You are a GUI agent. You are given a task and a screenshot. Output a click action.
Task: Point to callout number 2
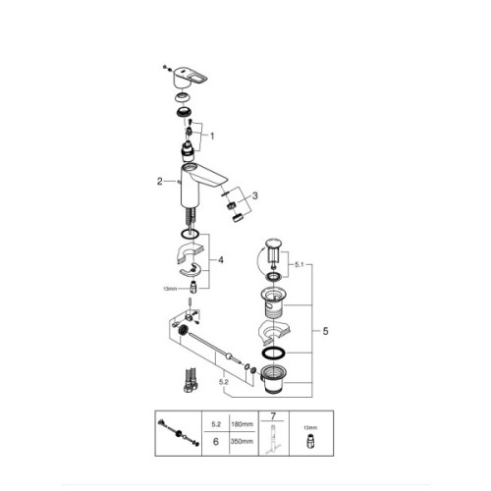click(x=158, y=181)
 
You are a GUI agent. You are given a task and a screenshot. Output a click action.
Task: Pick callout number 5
click(x=324, y=333)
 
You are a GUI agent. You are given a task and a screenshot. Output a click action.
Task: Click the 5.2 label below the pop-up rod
click(x=225, y=380)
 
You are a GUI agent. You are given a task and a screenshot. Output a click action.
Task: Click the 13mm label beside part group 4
click(x=170, y=289)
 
